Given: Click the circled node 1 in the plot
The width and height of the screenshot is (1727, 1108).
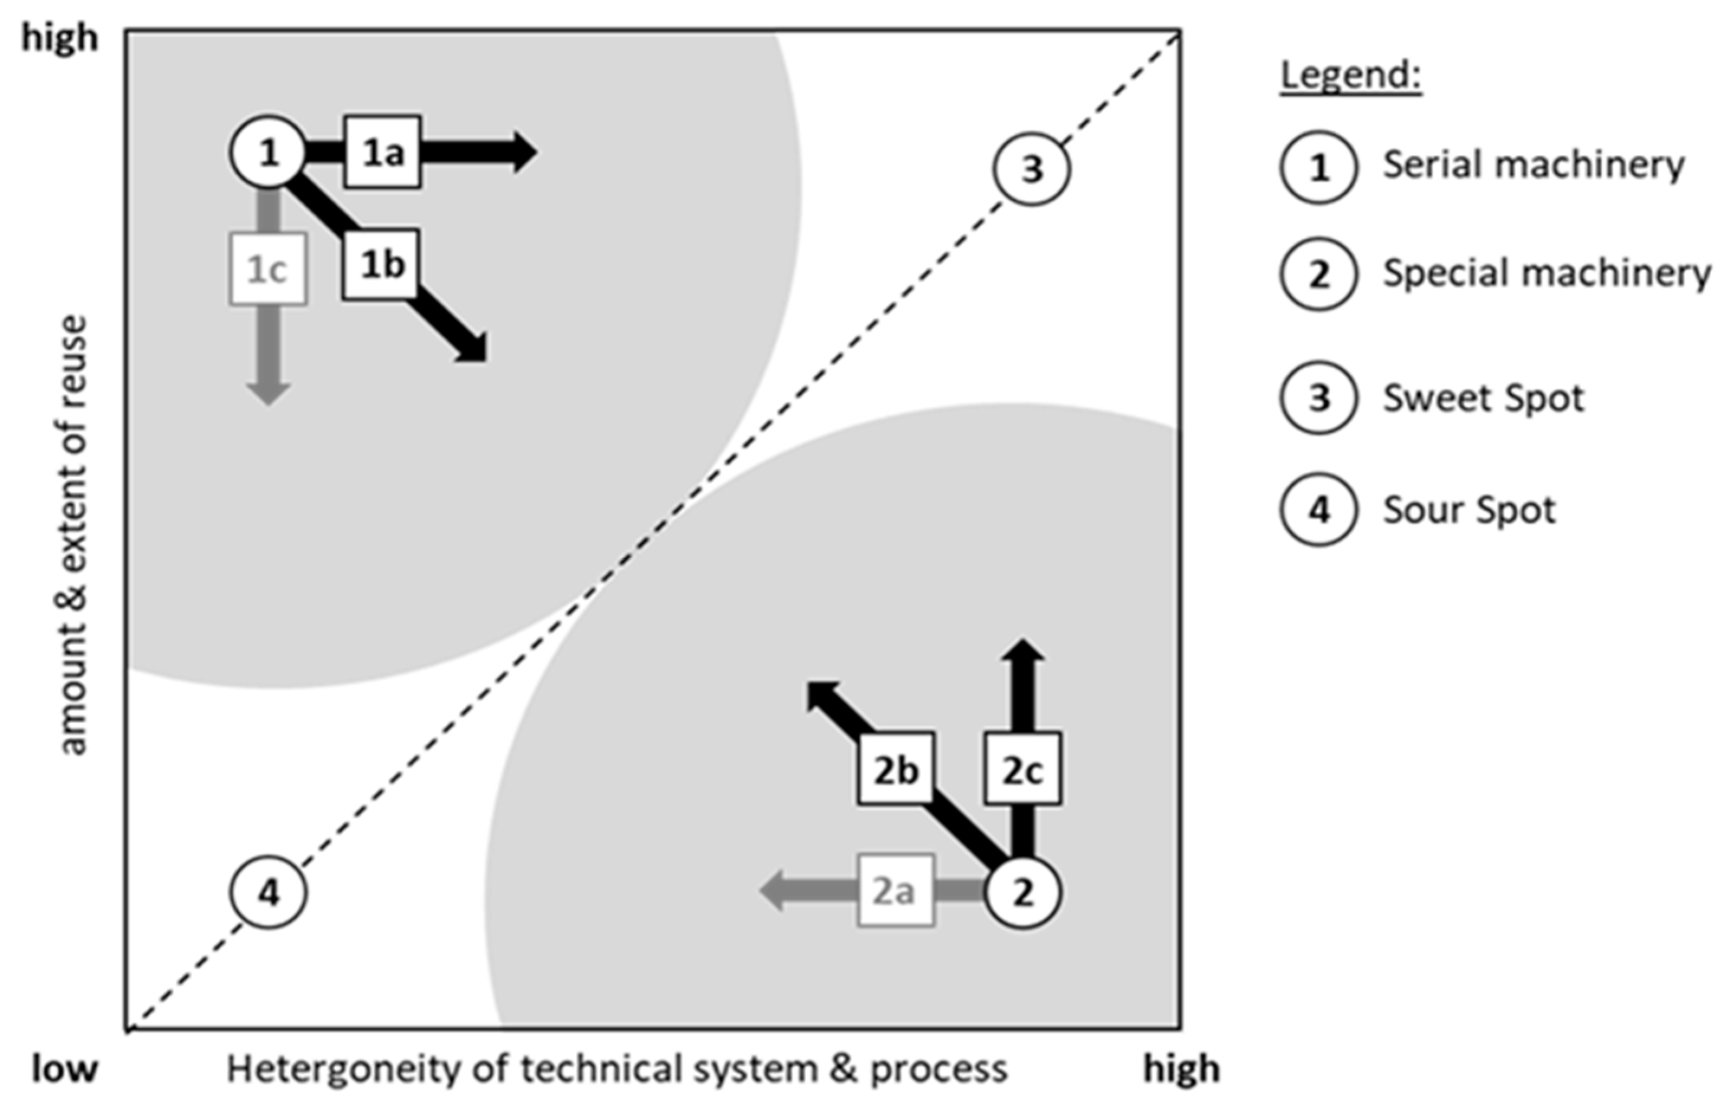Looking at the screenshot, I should pos(268,153).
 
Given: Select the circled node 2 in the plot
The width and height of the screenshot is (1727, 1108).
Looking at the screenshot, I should pos(1023,892).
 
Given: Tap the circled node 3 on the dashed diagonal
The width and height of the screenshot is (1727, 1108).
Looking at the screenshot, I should pos(1032,169).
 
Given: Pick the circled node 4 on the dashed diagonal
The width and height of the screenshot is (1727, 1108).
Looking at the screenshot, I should pos(269,893).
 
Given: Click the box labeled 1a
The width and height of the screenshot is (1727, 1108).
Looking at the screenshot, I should pos(382,153).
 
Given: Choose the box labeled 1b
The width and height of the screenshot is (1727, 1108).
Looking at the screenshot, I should pos(380,265).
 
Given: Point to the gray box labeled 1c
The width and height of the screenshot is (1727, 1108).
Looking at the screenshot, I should pos(268,269).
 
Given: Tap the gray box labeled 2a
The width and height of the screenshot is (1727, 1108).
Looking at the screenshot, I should pos(895,891).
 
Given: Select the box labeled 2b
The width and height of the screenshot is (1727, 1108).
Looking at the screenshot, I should pos(895,769).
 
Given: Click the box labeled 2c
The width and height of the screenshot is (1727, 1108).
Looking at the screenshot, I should pos(1022,769).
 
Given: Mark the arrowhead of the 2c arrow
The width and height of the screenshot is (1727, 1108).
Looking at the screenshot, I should pos(1023,650).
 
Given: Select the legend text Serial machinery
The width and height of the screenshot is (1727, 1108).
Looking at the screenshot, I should pos(1533,166).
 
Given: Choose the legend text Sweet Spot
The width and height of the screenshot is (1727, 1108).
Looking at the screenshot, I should pos(1483,398).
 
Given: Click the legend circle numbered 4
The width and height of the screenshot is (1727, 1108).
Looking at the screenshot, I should pos(1318,510).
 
